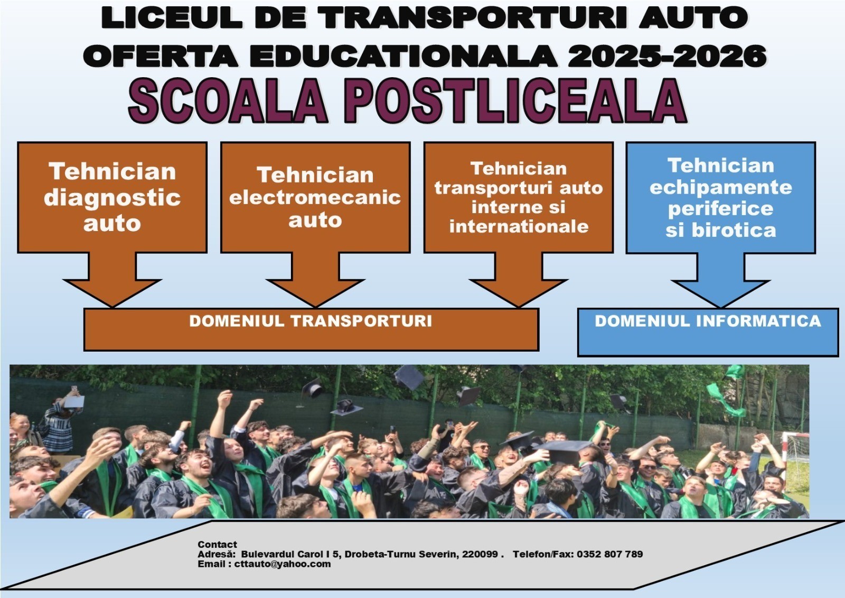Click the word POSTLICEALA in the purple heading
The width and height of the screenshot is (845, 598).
(x=514, y=101)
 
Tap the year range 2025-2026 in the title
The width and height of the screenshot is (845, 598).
(x=668, y=56)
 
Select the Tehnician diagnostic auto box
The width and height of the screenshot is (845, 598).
(x=112, y=197)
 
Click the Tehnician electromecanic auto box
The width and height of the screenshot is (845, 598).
(x=315, y=197)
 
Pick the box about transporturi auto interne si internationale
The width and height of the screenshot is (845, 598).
(x=519, y=197)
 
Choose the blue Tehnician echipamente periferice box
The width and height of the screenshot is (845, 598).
(x=721, y=198)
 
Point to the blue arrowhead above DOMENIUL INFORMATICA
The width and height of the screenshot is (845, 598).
(x=720, y=294)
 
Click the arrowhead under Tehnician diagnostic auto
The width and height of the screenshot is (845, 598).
(x=112, y=293)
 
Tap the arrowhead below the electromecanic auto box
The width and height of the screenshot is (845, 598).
(x=315, y=293)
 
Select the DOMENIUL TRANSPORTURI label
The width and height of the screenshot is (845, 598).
(x=311, y=321)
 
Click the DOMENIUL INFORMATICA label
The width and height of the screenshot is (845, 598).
(x=708, y=321)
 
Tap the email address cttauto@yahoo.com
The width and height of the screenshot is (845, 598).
(x=282, y=564)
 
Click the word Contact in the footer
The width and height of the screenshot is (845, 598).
(x=217, y=545)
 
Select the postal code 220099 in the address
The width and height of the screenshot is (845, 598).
(x=480, y=554)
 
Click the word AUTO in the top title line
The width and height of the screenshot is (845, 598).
(x=693, y=18)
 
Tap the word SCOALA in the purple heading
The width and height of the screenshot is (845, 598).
(x=228, y=101)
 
